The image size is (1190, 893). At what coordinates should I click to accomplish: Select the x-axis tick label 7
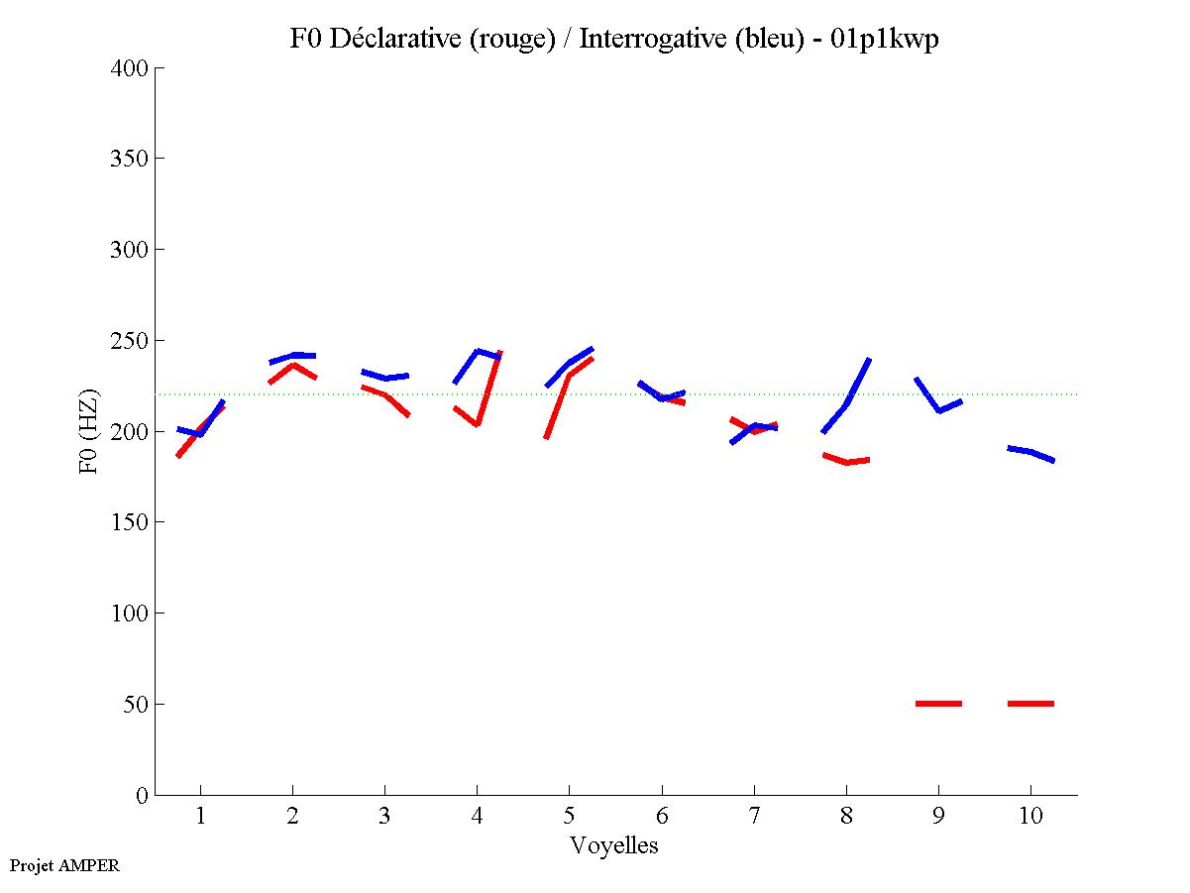tap(754, 817)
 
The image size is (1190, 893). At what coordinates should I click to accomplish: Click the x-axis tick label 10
tap(1030, 817)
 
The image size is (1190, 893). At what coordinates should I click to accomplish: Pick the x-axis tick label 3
tap(384, 817)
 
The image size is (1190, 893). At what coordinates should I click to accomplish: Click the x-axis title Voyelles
tap(614, 845)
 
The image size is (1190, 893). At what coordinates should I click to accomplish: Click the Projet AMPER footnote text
tap(64, 865)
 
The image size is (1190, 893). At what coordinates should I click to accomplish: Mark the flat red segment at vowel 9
tap(938, 704)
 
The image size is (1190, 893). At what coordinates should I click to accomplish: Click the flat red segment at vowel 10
tap(1030, 704)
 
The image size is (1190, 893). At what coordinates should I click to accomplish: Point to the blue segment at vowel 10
tap(1030, 453)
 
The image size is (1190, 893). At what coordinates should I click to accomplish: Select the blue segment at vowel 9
tap(938, 408)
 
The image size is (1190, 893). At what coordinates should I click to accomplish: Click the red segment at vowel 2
tap(292, 366)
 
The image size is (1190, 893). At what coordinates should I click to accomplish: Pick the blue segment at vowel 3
tap(384, 377)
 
